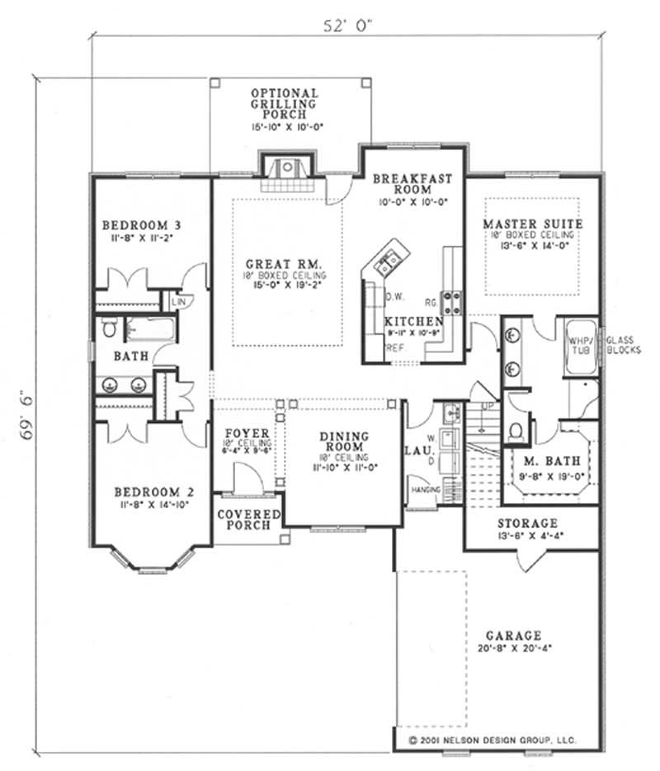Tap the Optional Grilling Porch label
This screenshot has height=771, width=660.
pos(285,104)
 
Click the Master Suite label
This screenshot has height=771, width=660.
pos(533,223)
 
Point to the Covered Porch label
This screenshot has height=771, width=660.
pos(249,519)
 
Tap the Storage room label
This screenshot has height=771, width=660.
pos(528,524)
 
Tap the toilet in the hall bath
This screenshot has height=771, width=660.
pos(110,330)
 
